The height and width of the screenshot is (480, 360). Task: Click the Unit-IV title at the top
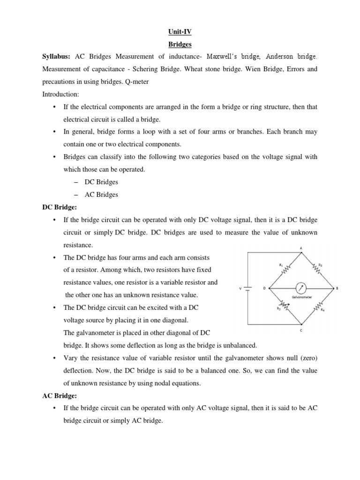tap(180, 31)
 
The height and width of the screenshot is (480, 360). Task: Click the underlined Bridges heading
tap(180, 44)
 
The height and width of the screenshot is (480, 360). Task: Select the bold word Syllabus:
tap(56, 57)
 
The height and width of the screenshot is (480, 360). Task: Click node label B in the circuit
tap(337, 288)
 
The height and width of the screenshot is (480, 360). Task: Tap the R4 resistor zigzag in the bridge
tap(318, 307)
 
